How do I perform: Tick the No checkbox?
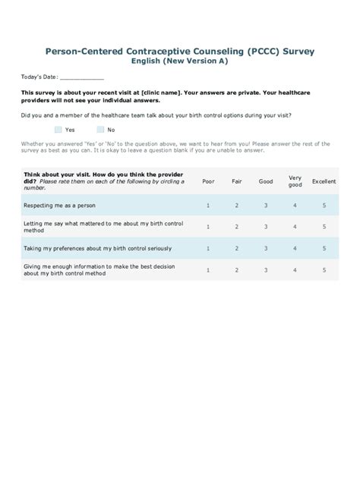[x=99, y=130]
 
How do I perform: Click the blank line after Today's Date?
[x=81, y=78]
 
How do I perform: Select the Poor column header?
[x=208, y=182]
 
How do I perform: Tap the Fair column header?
[x=237, y=182]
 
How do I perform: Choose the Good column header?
[x=266, y=182]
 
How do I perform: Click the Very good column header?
[x=295, y=182]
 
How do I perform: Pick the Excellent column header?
[x=324, y=182]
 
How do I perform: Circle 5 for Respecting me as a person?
[x=324, y=206]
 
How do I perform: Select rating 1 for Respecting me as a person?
[x=208, y=206]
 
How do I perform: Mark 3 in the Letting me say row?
[x=266, y=227]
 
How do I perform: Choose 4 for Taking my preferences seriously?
[x=295, y=248]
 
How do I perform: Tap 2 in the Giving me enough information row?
[x=237, y=269]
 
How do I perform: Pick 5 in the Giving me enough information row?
[x=324, y=269]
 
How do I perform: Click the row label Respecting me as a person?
[x=59, y=206]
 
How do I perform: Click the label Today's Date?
[x=38, y=78]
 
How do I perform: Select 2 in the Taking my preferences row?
[x=237, y=248]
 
